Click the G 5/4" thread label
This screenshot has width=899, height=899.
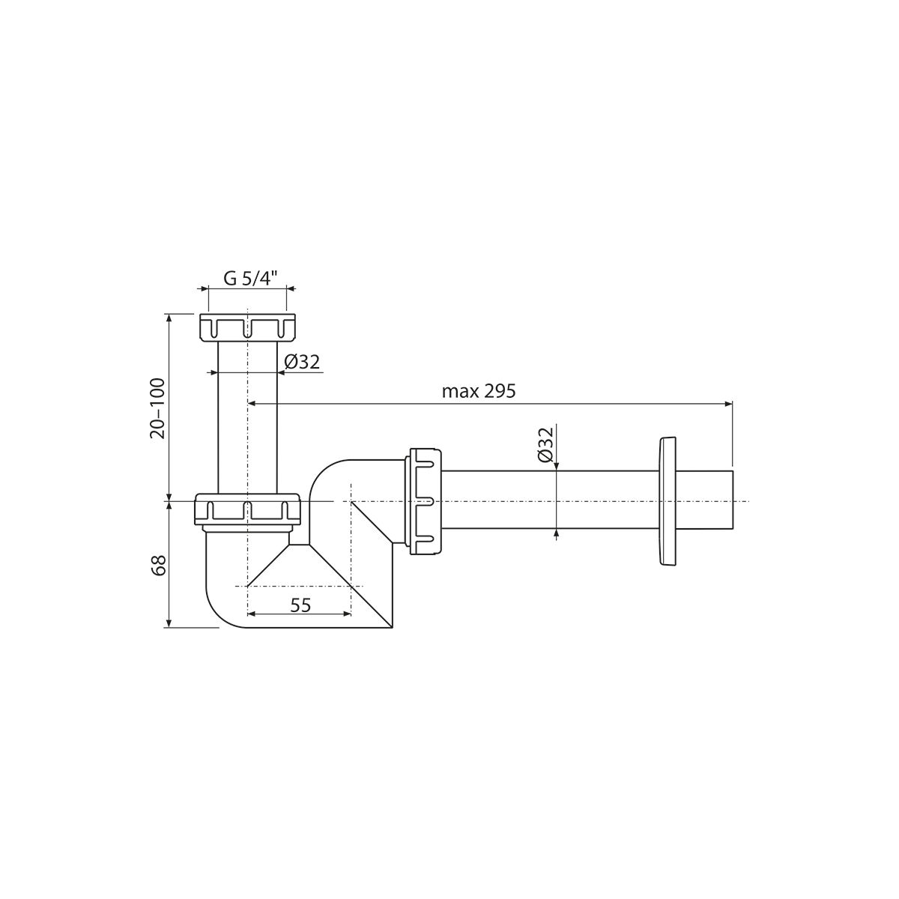click(x=250, y=279)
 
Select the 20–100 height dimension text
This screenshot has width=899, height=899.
click(x=157, y=408)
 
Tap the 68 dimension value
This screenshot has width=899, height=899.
click(x=159, y=566)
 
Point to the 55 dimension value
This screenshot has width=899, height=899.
click(x=300, y=605)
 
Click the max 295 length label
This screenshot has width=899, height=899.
click(x=479, y=391)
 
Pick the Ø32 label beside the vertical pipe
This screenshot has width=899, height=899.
click(x=302, y=362)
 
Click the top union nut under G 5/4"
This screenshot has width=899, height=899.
click(x=248, y=328)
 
